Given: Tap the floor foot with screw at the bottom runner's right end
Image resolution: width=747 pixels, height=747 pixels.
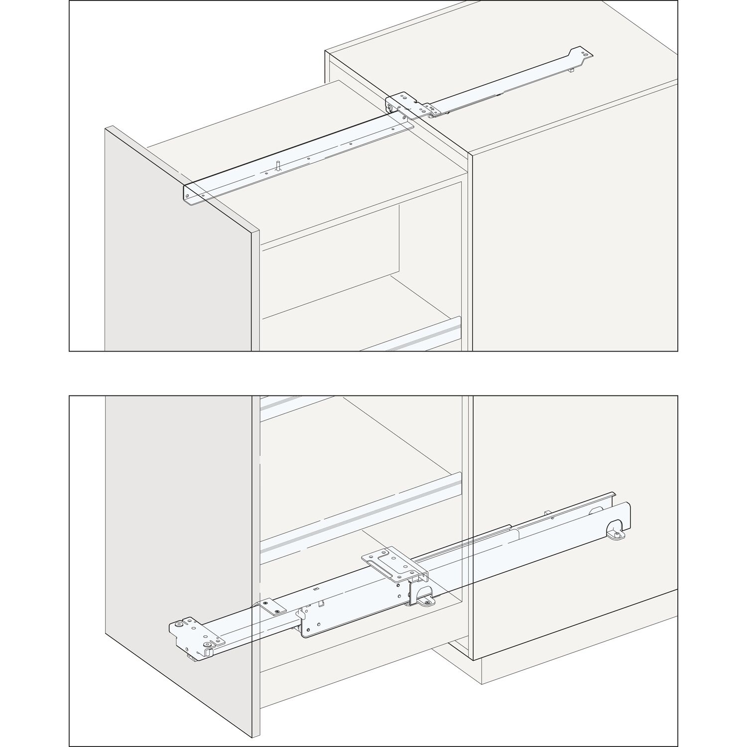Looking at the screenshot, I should click(x=618, y=534).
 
